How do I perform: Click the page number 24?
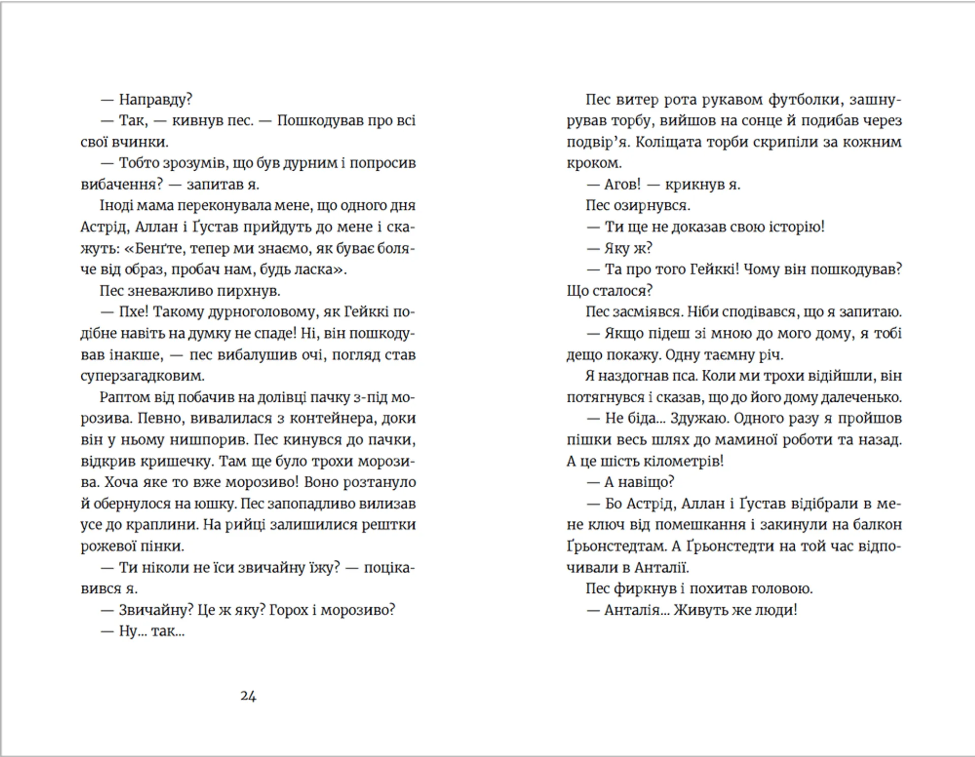click(x=248, y=696)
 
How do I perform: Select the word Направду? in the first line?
click(x=155, y=100)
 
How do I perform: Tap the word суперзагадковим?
click(x=142, y=376)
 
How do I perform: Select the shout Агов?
click(x=623, y=184)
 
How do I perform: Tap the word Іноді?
click(x=116, y=206)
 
